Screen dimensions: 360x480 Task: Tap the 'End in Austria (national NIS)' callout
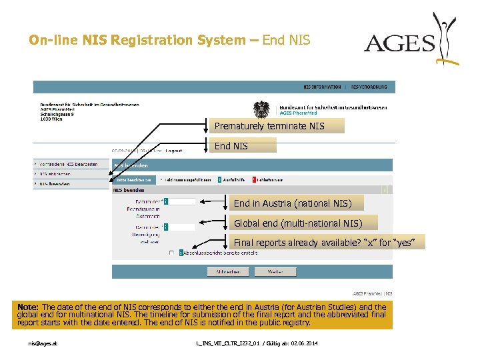click(x=298, y=203)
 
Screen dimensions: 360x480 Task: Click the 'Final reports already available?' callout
click(x=327, y=243)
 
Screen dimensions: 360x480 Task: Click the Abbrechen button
click(x=228, y=272)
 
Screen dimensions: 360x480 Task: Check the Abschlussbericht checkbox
click(x=171, y=253)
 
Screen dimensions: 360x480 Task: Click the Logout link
click(x=174, y=151)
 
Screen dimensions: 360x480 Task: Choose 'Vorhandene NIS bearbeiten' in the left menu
click(x=67, y=164)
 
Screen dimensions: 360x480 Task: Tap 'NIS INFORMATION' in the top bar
click(x=322, y=87)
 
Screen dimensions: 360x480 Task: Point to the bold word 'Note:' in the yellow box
click(x=29, y=307)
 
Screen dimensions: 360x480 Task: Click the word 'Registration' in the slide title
click(x=151, y=40)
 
